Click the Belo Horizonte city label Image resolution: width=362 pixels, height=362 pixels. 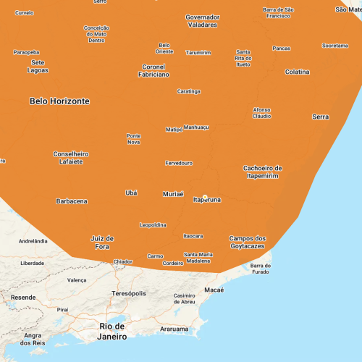point(59,101)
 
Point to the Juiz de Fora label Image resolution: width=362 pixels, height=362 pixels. point(102,243)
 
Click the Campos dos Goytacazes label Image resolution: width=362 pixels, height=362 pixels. point(248,243)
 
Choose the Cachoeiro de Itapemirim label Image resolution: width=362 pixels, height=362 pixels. point(262,172)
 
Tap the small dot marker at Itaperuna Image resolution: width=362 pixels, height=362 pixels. point(205,196)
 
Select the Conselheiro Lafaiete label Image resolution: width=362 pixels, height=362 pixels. point(71,157)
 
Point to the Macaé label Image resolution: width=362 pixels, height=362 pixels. point(214,290)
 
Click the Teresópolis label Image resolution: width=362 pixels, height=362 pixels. point(129,293)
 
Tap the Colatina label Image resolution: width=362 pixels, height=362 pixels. point(297,72)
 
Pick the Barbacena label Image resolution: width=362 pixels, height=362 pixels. point(72,201)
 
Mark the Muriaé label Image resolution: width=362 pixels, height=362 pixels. point(173,194)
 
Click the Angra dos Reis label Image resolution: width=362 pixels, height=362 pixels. point(33,339)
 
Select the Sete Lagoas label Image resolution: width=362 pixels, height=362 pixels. point(38,67)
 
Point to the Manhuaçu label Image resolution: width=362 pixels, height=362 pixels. point(196,127)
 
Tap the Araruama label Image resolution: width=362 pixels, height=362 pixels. point(174,329)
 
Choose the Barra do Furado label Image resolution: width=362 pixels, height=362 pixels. point(260,269)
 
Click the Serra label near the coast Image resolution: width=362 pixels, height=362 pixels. point(320,117)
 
